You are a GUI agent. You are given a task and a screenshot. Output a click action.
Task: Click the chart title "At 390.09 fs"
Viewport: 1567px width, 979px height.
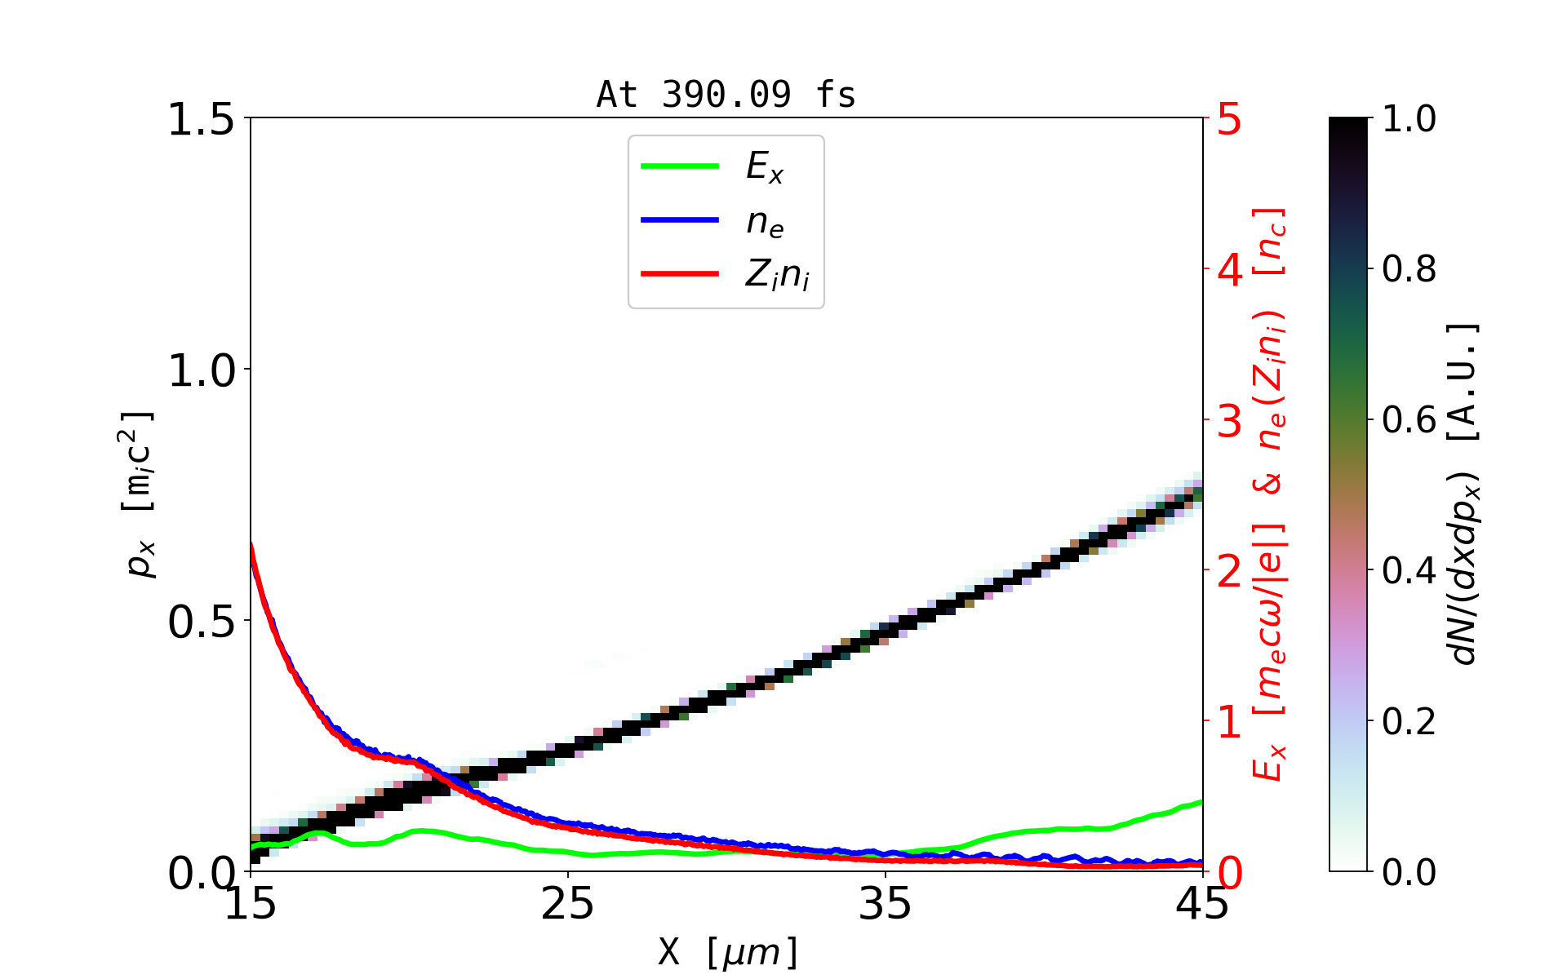click(726, 95)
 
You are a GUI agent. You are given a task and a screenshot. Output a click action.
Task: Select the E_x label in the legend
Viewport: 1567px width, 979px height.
click(765, 167)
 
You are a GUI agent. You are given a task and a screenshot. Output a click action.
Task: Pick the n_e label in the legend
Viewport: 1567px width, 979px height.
click(765, 222)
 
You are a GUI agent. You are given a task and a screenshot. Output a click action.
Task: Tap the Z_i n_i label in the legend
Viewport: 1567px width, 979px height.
click(777, 276)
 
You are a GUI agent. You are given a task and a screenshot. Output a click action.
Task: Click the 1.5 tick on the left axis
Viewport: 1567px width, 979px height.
click(201, 120)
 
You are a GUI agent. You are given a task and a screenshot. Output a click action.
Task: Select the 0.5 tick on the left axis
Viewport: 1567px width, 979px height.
click(201, 622)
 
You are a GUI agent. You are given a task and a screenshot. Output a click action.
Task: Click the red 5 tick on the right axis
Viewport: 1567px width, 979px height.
click(1230, 120)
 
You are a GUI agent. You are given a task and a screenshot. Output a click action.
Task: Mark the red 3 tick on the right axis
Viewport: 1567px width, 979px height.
click(1230, 421)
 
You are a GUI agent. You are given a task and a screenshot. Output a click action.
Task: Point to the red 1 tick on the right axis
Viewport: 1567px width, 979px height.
click(1230, 722)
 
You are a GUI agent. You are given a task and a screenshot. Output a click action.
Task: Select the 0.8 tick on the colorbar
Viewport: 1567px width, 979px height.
click(1409, 269)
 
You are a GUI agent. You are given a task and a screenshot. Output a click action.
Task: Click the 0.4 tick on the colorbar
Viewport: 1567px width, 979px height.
click(1409, 571)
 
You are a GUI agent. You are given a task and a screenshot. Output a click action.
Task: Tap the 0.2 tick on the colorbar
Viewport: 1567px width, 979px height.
click(1409, 722)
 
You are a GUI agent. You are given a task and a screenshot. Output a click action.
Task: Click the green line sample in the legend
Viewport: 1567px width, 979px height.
click(680, 166)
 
